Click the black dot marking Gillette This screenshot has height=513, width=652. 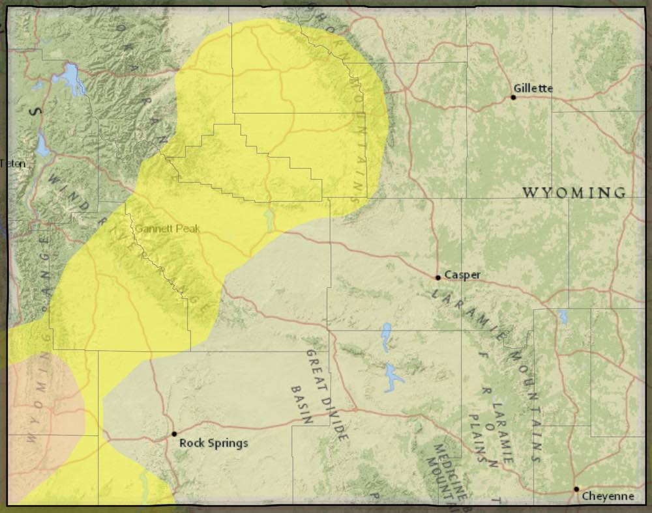pos(513,98)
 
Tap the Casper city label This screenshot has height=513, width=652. pos(464,275)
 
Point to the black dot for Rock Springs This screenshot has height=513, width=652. pos(174,434)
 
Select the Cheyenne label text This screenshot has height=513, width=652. pos(608,496)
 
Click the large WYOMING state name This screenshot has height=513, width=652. pos(574,193)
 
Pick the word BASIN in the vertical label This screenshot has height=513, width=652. pos(299,404)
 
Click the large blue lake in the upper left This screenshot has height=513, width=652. pos(70,79)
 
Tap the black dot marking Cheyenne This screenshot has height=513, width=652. pos(576,489)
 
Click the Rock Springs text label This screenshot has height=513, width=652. pos(214,443)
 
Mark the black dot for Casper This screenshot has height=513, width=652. pos(438,277)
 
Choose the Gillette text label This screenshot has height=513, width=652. pos(533,88)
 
